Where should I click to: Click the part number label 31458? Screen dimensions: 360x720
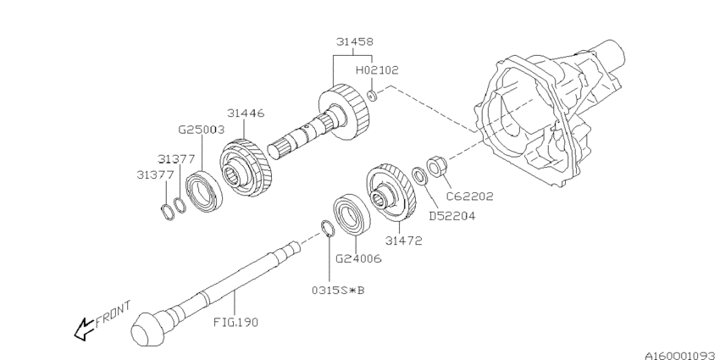[354, 41]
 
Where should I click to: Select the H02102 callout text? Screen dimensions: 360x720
[377, 70]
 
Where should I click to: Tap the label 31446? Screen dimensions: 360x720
[246, 113]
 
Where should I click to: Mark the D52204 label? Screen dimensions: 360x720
[451, 215]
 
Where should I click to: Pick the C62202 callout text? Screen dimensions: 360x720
[470, 196]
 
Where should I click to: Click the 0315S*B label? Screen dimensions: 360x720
[338, 291]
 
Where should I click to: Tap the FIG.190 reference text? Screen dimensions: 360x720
[235, 322]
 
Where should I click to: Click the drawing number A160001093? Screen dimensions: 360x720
[668, 346]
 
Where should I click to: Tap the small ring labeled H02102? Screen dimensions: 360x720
[374, 95]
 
